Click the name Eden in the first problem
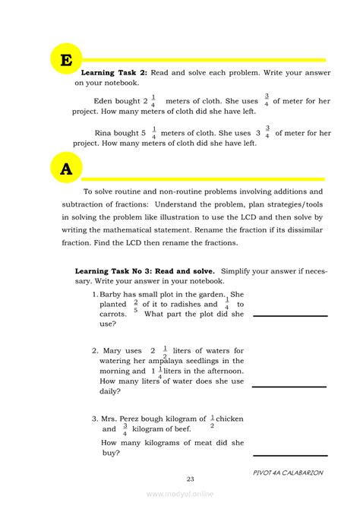pyautogui.click(x=106, y=100)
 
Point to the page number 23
pyautogui.click(x=190, y=478)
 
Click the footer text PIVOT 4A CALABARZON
pyautogui.click(x=288, y=472)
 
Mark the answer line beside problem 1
pyautogui.click(x=289, y=315)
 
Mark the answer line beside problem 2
pyautogui.click(x=289, y=386)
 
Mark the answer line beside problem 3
pyautogui.click(x=289, y=455)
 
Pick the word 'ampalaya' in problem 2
pyautogui.click(x=172, y=361)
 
